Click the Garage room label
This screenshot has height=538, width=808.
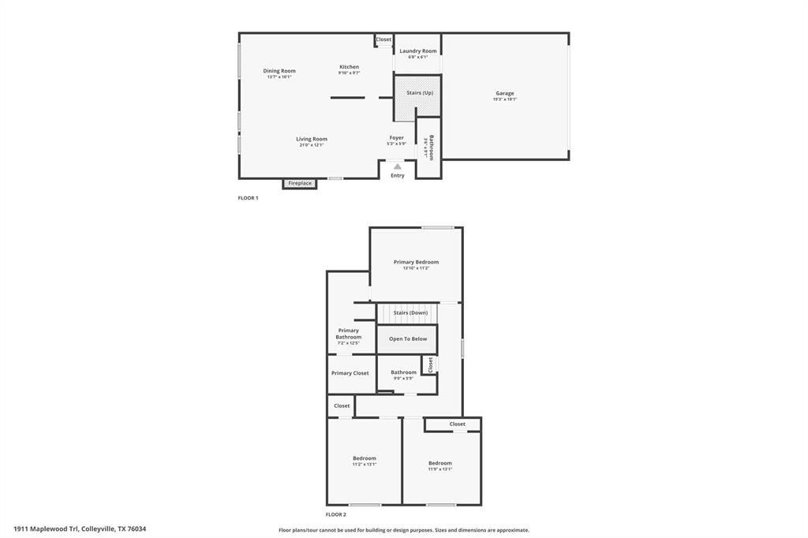(x=505, y=93)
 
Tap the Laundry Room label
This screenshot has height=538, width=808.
(x=417, y=51)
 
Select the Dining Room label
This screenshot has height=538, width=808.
(x=279, y=71)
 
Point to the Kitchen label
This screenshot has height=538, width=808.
(x=349, y=67)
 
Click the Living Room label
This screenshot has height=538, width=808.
(x=312, y=139)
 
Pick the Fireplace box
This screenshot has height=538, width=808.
(x=300, y=183)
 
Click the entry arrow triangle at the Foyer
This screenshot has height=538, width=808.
(x=397, y=166)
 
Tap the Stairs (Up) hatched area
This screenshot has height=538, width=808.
(x=417, y=97)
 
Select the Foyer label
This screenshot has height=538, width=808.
(x=396, y=137)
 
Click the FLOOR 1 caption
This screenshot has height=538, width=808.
(x=248, y=198)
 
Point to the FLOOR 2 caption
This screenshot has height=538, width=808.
(x=336, y=514)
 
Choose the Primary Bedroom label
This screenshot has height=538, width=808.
(x=416, y=262)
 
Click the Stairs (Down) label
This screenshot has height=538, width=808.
(x=410, y=312)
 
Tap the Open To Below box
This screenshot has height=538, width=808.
(x=407, y=339)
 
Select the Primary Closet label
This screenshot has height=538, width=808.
(x=350, y=373)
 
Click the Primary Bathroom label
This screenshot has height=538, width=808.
(x=348, y=334)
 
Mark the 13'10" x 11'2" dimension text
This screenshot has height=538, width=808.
(x=416, y=268)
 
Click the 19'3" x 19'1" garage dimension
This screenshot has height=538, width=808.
(x=505, y=99)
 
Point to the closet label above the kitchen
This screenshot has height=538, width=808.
(x=383, y=39)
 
